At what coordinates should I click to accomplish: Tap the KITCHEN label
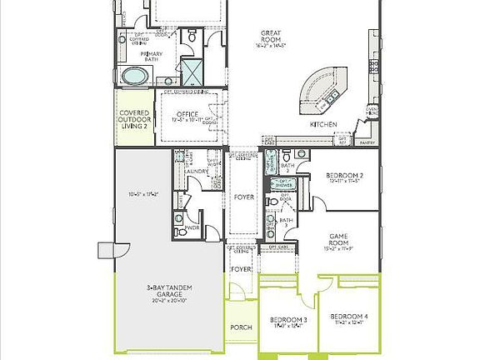323,124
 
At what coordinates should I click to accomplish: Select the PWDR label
192,227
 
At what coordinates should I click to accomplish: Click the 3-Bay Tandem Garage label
170,287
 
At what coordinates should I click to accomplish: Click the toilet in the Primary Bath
192,37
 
